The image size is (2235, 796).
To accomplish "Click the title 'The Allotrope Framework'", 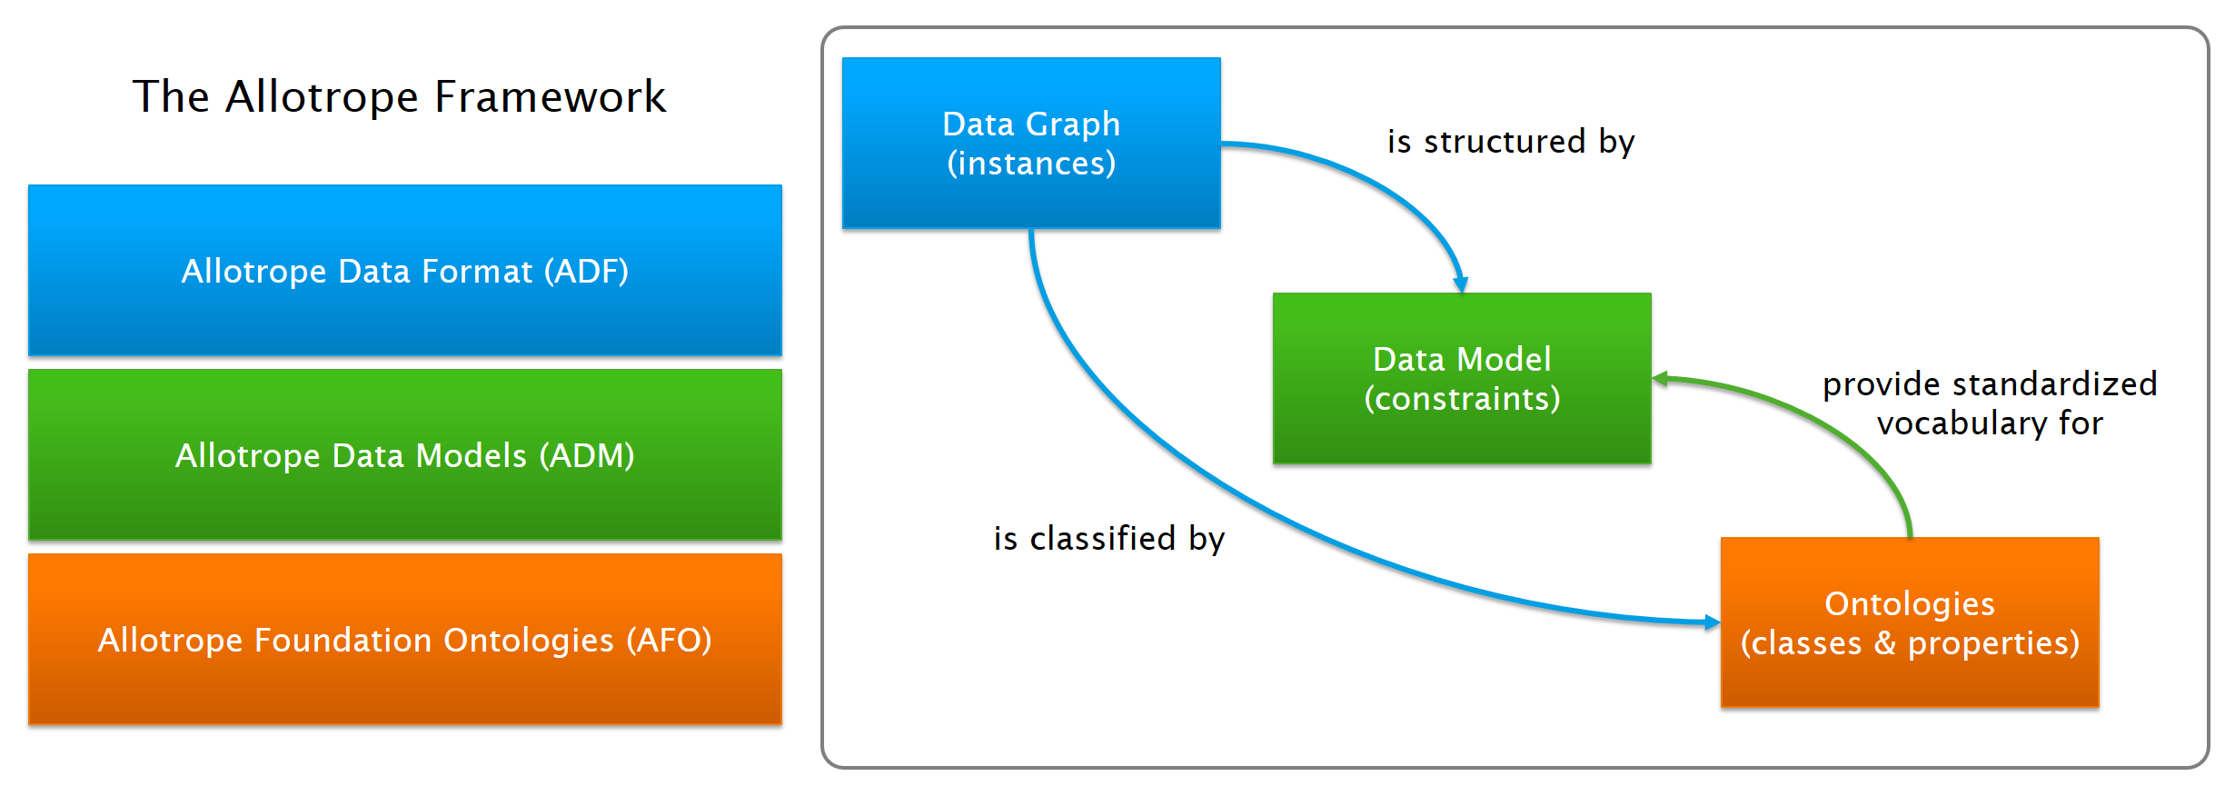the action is tap(400, 96).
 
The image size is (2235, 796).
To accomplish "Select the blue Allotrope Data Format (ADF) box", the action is tap(405, 271).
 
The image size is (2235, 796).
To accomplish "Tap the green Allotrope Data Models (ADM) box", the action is tap(405, 455).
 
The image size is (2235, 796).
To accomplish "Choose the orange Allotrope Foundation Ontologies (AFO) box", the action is tap(405, 640).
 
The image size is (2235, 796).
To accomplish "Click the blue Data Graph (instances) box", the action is tap(1031, 144).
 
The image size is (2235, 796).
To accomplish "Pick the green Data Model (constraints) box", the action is tap(1462, 378).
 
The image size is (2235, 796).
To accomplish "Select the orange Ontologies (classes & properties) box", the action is tap(1910, 622).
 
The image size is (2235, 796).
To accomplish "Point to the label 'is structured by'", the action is tap(1511, 142).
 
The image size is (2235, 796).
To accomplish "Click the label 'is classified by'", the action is tap(1109, 539).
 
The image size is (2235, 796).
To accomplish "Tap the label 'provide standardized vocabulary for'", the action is tap(1990, 403).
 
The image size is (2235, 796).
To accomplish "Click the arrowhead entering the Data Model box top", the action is tap(1461, 284).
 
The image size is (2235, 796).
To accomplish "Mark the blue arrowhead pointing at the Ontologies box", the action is tap(1713, 622).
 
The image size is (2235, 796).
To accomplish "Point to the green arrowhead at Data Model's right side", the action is tap(1660, 379).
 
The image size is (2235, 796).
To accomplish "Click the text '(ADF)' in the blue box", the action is tap(586, 272).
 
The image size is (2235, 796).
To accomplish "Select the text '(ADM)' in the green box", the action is tap(587, 456).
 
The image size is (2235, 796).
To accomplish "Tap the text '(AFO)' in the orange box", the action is tap(669, 641).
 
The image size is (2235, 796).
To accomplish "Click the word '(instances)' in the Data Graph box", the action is tap(1031, 164).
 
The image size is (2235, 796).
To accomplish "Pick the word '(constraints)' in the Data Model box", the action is tap(1462, 399).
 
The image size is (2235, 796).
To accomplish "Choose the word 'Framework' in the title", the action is tap(551, 96).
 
